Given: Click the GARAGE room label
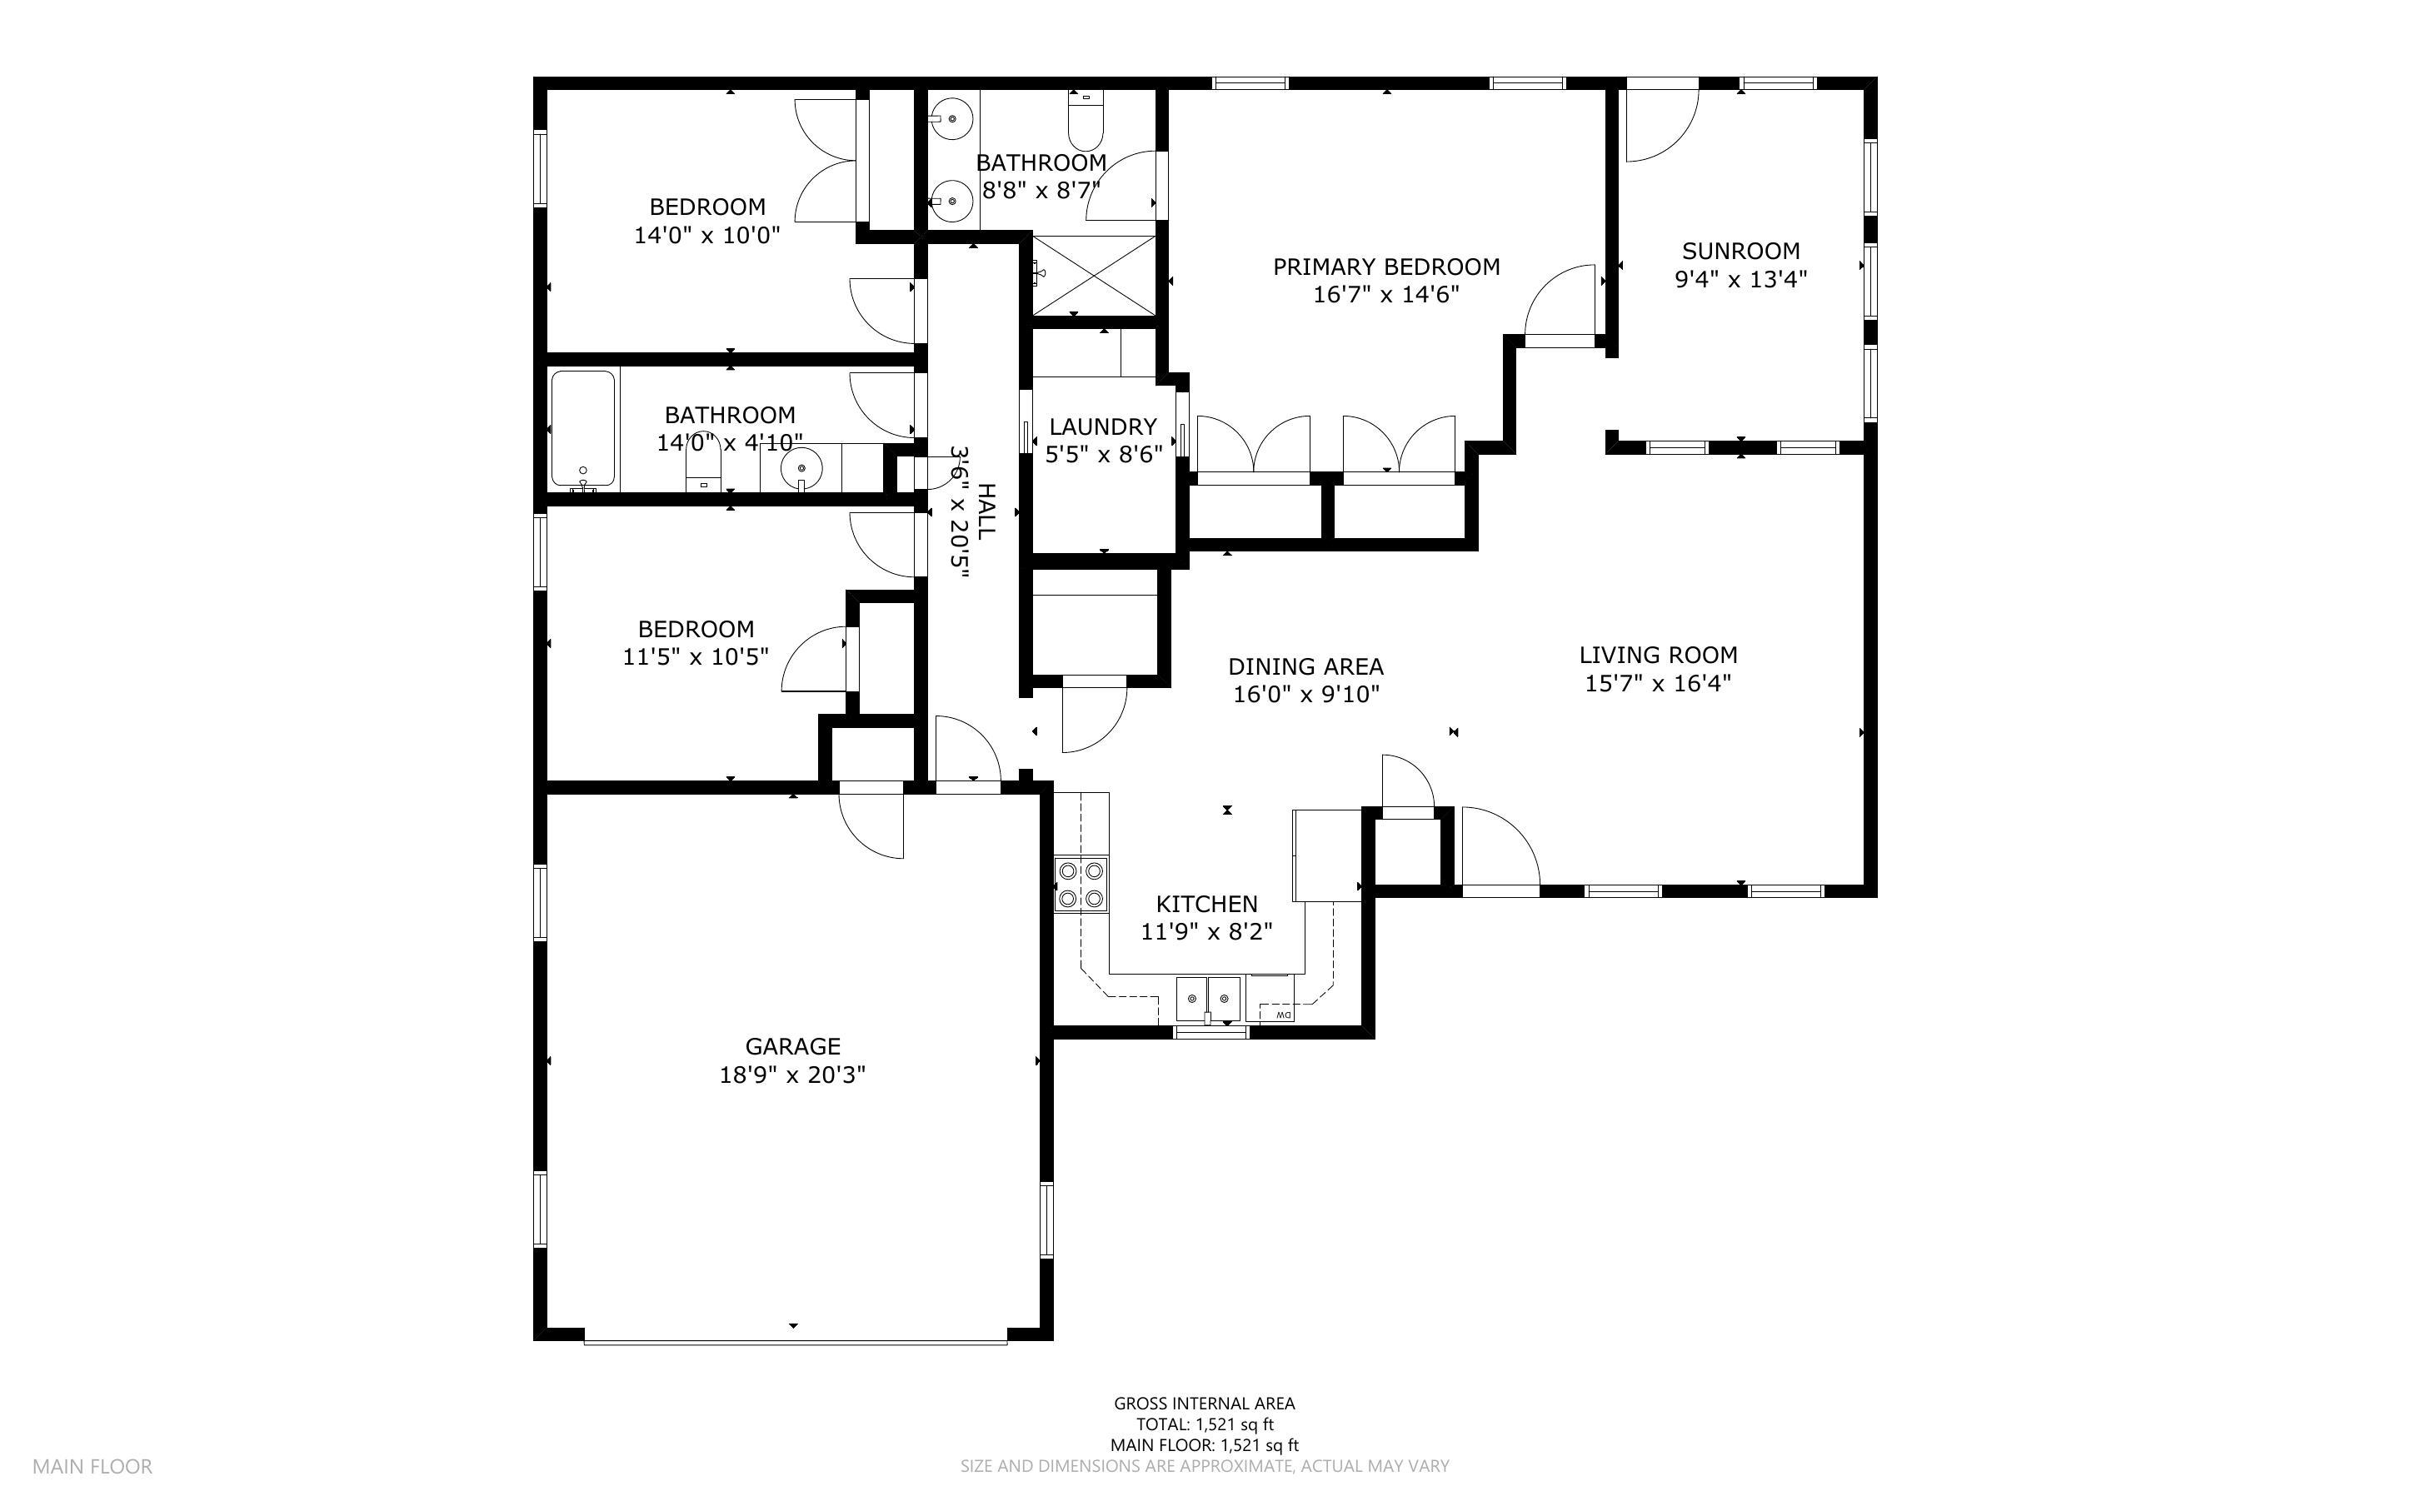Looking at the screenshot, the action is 793,1046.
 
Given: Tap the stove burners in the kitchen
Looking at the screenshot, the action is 1081,885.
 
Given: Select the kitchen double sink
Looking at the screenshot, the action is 1209,998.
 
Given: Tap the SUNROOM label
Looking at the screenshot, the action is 1741,251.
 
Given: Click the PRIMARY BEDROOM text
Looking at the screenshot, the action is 1386,267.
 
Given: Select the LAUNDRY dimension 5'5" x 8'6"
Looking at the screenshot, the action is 1103,455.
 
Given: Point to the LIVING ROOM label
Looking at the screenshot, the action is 1658,656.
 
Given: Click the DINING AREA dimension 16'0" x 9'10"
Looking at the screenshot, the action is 1306,694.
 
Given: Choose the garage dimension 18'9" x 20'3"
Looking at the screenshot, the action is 793,1075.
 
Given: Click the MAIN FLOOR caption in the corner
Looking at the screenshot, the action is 92,1466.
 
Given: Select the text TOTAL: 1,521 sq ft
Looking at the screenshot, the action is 1205,1424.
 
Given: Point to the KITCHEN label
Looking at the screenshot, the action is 1207,904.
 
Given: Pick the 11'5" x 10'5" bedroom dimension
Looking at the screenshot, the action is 696,657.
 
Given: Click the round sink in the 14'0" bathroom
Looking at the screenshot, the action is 801,468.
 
